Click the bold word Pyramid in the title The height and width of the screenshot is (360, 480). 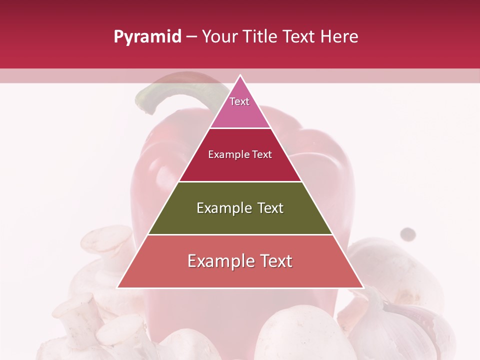pyautogui.click(x=147, y=37)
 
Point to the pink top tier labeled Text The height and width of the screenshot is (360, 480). pyautogui.click(x=239, y=107)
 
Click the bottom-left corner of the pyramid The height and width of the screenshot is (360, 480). pyautogui.click(x=118, y=287)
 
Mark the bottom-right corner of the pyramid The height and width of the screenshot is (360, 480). pyautogui.click(x=362, y=287)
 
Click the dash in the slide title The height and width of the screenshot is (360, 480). pyautogui.click(x=191, y=37)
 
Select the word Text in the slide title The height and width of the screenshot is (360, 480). pyautogui.click(x=301, y=37)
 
